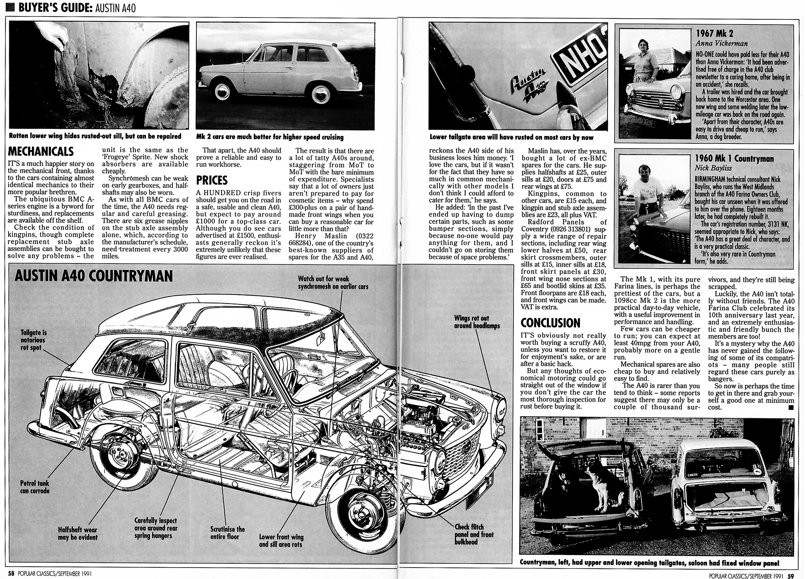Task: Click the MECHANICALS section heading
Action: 41,152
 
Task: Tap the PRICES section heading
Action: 212,180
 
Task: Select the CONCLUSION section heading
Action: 550,323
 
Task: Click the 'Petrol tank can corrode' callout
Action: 35,487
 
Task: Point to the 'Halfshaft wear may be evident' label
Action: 78,533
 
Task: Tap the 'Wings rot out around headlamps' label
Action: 477,322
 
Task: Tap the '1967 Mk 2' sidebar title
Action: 714,33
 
